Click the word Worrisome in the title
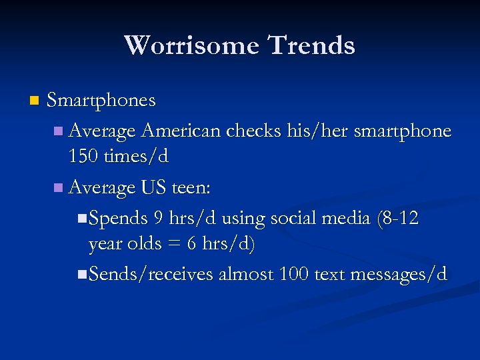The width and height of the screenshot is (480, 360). pos(191,45)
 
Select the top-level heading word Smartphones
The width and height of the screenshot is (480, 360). pos(101,101)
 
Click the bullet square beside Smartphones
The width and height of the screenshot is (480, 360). pos(35,101)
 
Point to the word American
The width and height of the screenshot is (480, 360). pos(181,131)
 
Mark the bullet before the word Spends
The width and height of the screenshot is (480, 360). pos(81,218)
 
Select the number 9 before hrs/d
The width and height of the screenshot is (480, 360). pos(157,218)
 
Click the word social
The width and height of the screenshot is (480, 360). pos(289,218)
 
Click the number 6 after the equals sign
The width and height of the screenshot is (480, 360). pos(191,244)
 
